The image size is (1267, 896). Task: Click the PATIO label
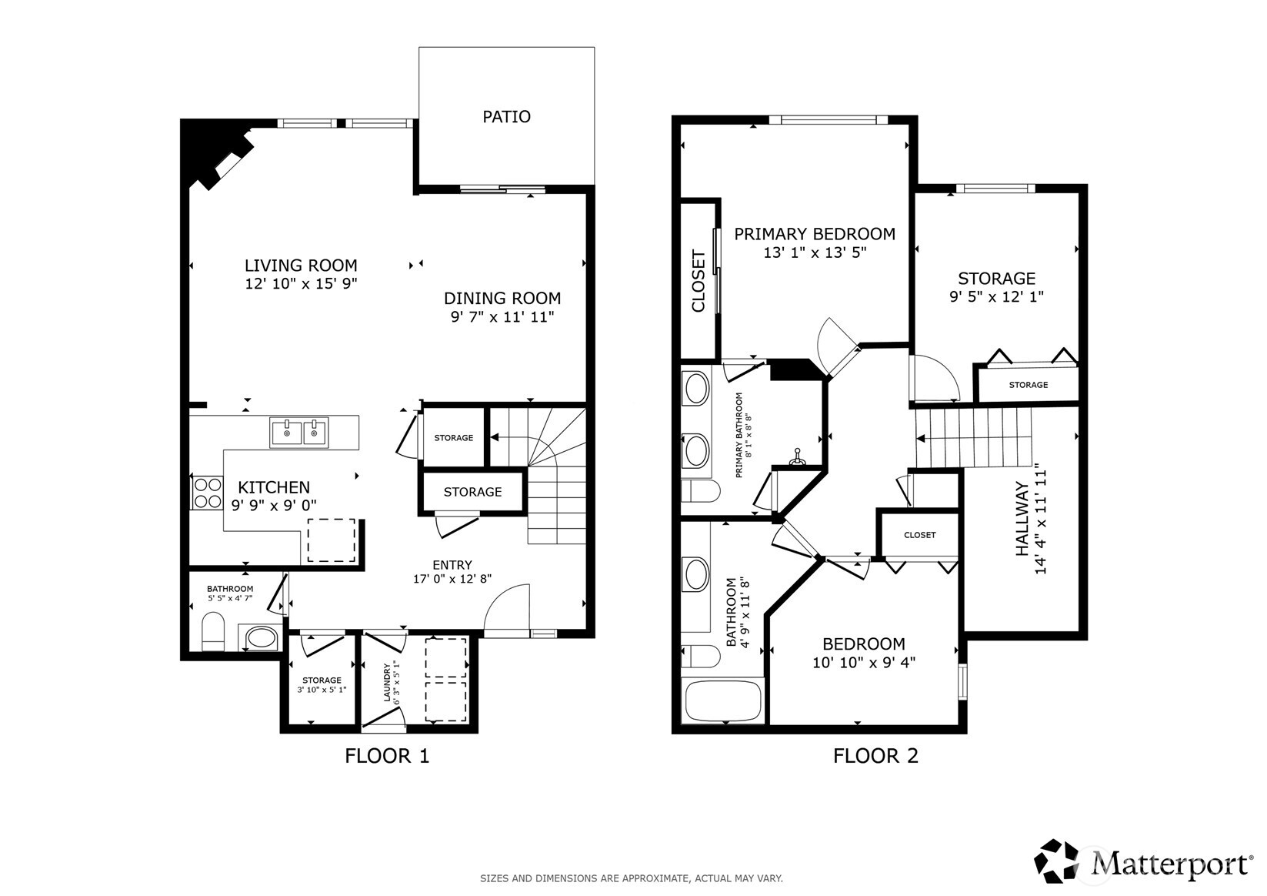tap(506, 116)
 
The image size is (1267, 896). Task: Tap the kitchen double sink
tap(298, 433)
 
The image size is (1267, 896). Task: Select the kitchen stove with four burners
tap(207, 493)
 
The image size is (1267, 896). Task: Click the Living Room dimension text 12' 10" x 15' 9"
tap(301, 284)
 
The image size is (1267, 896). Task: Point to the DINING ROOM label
tap(502, 298)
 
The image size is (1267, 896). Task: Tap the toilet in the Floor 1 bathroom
tap(212, 631)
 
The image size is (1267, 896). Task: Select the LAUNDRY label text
tap(388, 683)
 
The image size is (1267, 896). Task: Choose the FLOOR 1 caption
tap(386, 756)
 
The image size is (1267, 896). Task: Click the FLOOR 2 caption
tap(875, 756)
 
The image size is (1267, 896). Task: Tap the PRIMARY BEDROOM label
tap(815, 233)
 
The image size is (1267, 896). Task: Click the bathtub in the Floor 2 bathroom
tap(722, 700)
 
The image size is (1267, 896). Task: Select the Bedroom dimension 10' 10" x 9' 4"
tap(864, 662)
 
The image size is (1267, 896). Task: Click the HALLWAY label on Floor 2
tap(1022, 519)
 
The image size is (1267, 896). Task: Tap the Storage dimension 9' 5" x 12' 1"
tap(996, 296)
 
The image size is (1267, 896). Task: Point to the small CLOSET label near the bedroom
tap(919, 535)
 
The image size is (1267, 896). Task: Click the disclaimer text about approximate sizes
tap(631, 878)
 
